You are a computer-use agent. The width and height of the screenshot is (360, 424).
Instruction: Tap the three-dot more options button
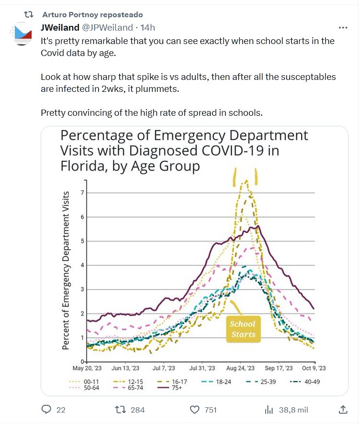pyautogui.click(x=343, y=28)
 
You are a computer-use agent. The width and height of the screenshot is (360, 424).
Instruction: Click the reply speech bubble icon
pyautogui.click(x=46, y=409)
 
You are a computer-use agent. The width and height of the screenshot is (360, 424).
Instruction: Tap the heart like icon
pyautogui.click(x=194, y=409)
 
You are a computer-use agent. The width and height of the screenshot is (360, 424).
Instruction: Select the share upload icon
pyautogui.click(x=343, y=409)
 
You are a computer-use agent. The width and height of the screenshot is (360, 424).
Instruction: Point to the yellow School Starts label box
pyautogui.click(x=243, y=329)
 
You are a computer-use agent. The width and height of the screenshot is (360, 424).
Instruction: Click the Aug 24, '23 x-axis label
pyautogui.click(x=240, y=368)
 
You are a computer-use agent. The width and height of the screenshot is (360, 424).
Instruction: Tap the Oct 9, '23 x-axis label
pyautogui.click(x=315, y=368)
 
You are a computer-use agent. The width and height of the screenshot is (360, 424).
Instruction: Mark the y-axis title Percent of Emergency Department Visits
pyautogui.click(x=67, y=270)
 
